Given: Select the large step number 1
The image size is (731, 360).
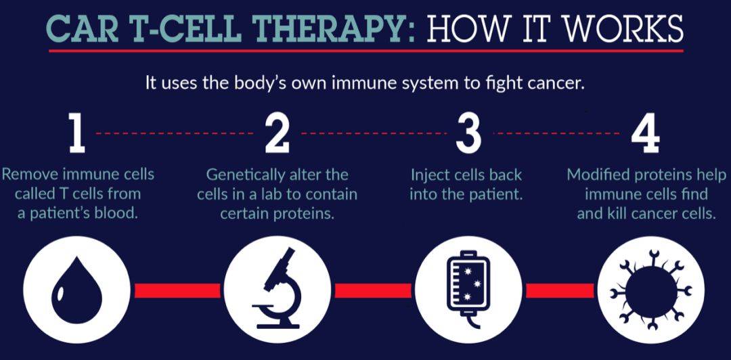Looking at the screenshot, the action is click(77, 133).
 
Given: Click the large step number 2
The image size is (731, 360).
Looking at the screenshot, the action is click(278, 133).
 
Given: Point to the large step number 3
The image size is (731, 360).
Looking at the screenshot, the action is click(469, 133).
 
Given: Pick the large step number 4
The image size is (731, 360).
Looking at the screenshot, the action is click(645, 133).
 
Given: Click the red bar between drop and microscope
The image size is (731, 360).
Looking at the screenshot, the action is click(177, 290).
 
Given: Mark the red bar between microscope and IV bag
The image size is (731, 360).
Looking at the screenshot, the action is click(373, 290).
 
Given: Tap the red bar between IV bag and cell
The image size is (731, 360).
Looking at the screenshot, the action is click(560, 290).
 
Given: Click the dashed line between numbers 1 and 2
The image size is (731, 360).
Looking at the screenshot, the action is click(175, 133).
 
